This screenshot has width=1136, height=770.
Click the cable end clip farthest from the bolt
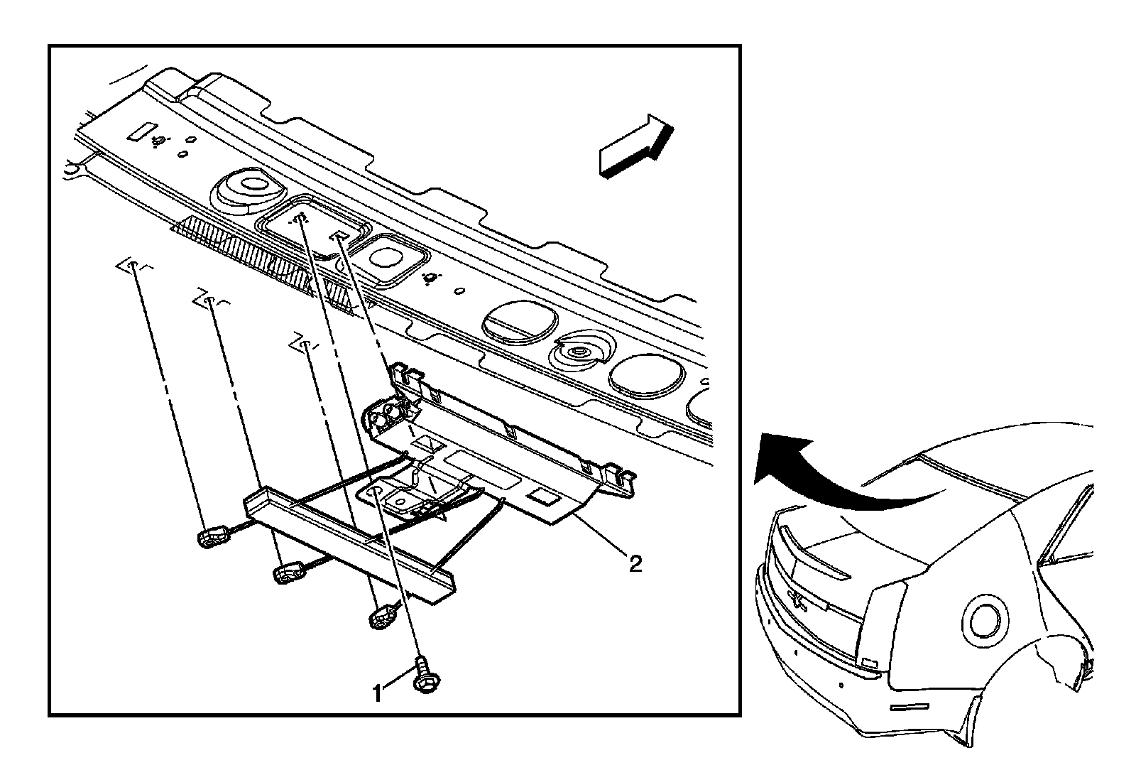[212, 538]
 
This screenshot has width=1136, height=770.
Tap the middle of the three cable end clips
[288, 573]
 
